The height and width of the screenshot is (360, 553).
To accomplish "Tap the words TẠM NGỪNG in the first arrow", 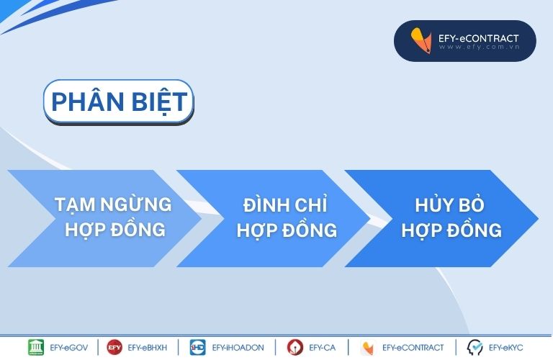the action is click(x=113, y=205).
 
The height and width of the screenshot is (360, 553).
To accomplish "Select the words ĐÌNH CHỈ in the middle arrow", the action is click(x=285, y=204).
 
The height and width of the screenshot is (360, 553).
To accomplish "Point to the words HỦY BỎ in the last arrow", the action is click(x=449, y=204).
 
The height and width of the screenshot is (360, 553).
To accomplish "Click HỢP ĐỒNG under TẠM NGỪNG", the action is click(x=115, y=230).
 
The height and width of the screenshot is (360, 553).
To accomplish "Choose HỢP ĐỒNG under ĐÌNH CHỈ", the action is click(x=287, y=230).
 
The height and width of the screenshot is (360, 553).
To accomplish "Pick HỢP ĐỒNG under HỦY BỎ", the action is click(x=451, y=230).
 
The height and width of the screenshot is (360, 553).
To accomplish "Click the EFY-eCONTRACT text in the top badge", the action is click(x=479, y=38).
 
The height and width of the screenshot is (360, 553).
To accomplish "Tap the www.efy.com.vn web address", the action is click(x=480, y=47).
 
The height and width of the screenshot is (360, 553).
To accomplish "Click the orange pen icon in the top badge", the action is click(x=421, y=40).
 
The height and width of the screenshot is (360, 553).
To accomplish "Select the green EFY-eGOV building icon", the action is click(x=36, y=347).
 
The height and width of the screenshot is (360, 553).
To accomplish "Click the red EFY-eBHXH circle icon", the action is click(x=114, y=347).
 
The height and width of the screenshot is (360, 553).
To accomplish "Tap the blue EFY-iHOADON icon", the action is click(x=197, y=347).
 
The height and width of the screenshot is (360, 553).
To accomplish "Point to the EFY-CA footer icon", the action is click(x=295, y=347).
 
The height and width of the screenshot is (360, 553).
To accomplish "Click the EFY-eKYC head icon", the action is click(x=475, y=347).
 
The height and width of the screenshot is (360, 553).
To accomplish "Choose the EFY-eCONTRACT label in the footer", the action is click(x=413, y=348).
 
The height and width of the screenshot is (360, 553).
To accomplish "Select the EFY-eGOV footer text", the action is click(x=69, y=348).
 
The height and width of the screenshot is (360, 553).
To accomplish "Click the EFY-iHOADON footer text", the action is click(x=238, y=348).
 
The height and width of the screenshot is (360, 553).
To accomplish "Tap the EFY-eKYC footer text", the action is click(x=505, y=348).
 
